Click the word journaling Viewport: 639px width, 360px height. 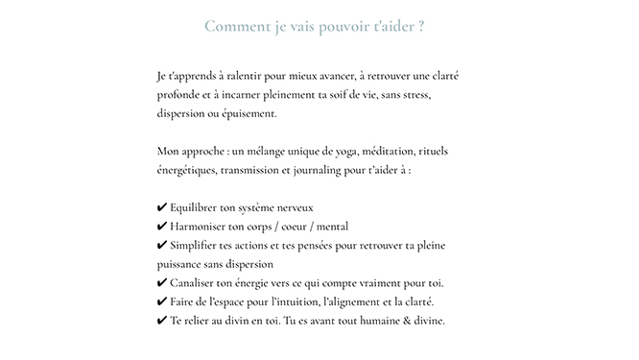(331, 170)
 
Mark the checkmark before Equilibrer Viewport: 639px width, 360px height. (160, 207)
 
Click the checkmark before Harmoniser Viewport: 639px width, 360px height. (160, 227)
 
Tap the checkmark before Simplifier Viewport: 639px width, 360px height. (160, 245)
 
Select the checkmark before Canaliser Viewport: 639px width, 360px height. (160, 283)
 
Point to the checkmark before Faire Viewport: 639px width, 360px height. (160, 301)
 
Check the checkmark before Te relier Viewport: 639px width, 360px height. (160, 321)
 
